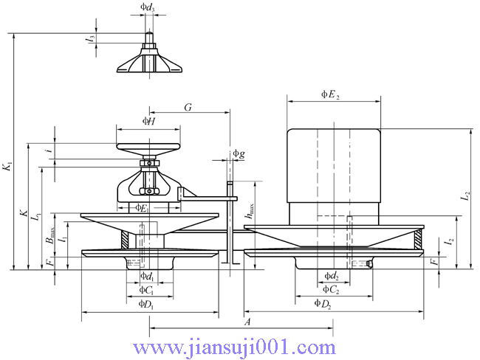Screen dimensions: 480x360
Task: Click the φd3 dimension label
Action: pos(148,7)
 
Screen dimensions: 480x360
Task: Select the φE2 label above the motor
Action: pos(330,94)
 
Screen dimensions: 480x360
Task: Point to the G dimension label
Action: pos(188,108)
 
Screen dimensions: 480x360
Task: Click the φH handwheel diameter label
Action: pos(149,121)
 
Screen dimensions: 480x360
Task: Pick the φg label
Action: pos(239,153)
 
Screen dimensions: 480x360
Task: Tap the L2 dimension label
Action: pos(466,195)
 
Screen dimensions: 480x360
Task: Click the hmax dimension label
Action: pos(250,211)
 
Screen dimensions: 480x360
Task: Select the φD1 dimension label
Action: pos(145,304)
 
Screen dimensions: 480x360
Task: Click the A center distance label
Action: pos(247,322)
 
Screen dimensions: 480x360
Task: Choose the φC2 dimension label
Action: pos(331,289)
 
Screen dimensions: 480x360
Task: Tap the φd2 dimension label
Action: pos(332,276)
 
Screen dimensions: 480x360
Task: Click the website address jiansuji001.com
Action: pos(235,347)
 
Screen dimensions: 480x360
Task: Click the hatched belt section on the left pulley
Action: pos(125,239)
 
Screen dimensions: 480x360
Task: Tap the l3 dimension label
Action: pos(91,38)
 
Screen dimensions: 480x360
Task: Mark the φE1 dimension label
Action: pos(143,208)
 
